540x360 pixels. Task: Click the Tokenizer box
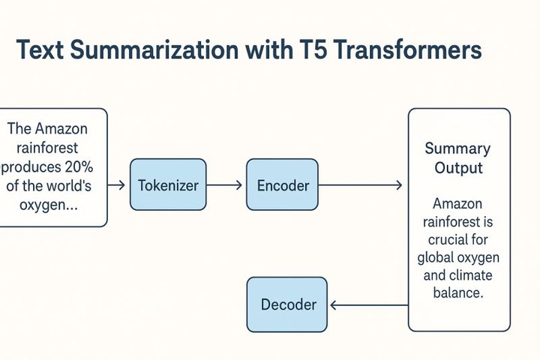pos(168,184)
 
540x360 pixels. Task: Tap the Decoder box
pos(287,304)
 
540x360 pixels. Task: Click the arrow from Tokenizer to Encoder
pos(226,184)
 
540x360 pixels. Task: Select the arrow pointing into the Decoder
pos(367,304)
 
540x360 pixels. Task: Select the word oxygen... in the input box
pos(50,204)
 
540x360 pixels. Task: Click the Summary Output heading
pos(458,157)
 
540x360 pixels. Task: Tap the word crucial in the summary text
pos(458,239)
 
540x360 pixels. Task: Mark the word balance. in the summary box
pos(458,292)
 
